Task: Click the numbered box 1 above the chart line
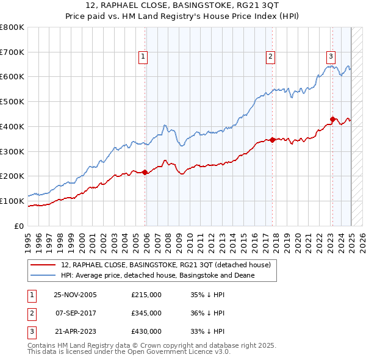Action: (142, 57)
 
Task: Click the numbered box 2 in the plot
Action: (270, 57)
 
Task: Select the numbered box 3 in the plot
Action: (331, 57)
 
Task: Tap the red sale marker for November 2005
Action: (145, 172)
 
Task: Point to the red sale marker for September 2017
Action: (272, 139)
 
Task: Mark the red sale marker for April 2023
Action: (332, 118)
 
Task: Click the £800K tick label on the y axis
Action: (12, 27)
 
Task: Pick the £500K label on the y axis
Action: (12, 101)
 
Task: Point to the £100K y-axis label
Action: (12, 201)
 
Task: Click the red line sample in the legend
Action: (43, 265)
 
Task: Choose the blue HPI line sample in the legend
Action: (43, 275)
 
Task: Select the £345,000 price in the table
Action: (146, 313)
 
